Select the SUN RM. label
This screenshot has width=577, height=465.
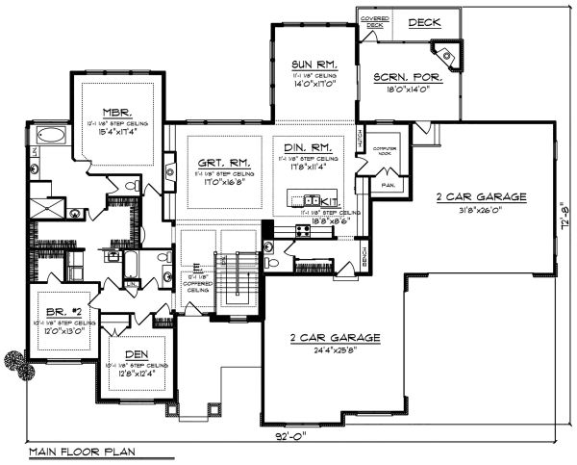click(x=311, y=65)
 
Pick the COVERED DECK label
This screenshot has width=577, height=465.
click(x=374, y=22)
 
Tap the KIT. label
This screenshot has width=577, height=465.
click(x=333, y=202)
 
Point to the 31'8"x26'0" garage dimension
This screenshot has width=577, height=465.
click(x=481, y=212)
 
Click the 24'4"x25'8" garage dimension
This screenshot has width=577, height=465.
click(x=336, y=352)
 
